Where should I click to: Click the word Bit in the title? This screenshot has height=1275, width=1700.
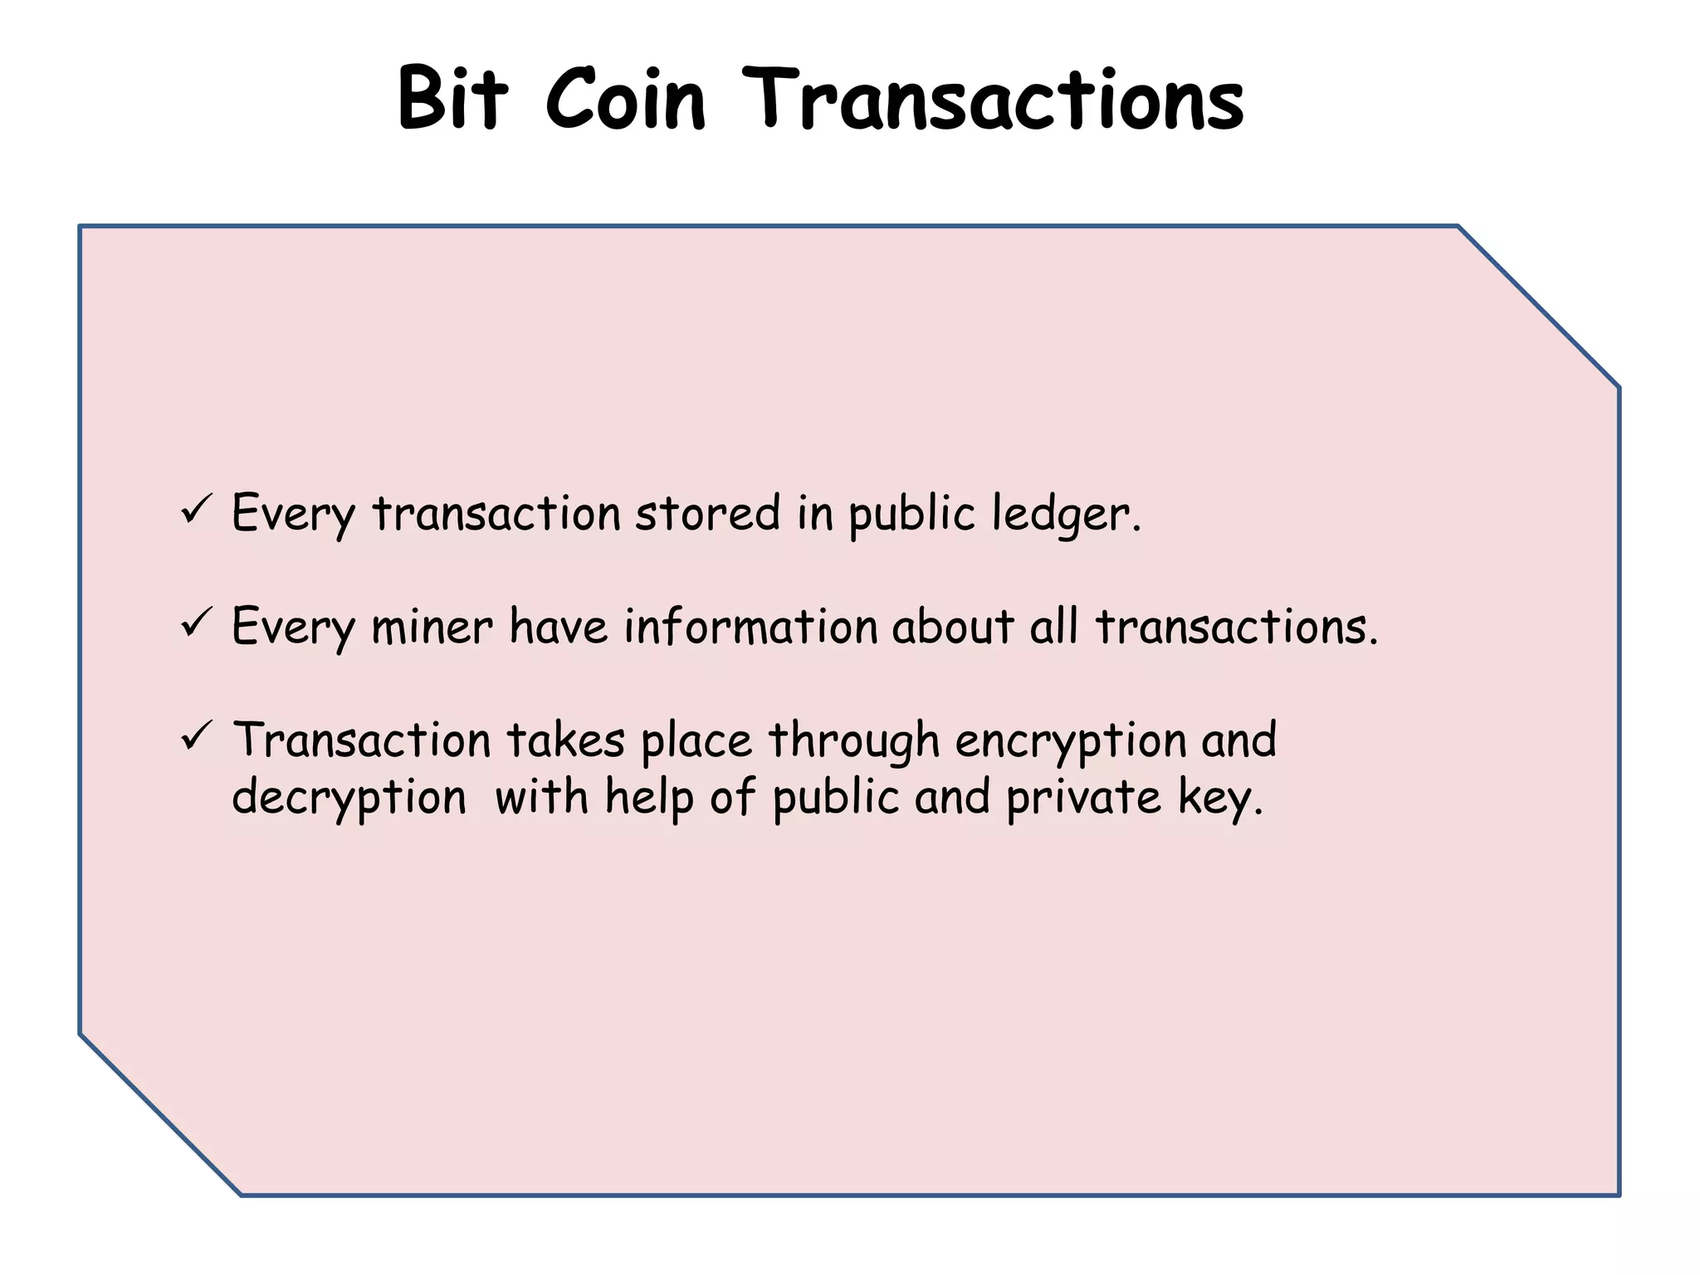pos(452,100)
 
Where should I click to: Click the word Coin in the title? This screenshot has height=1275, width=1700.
pos(625,100)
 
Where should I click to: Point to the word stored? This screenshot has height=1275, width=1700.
pos(707,512)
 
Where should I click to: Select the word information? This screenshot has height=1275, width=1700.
pos(750,626)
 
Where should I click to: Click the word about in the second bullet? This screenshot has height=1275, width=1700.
pos(953,626)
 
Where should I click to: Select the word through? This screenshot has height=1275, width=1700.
pos(853,740)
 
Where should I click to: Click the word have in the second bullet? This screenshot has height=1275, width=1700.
pos(558,626)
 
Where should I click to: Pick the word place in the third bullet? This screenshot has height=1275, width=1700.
pos(696,740)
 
